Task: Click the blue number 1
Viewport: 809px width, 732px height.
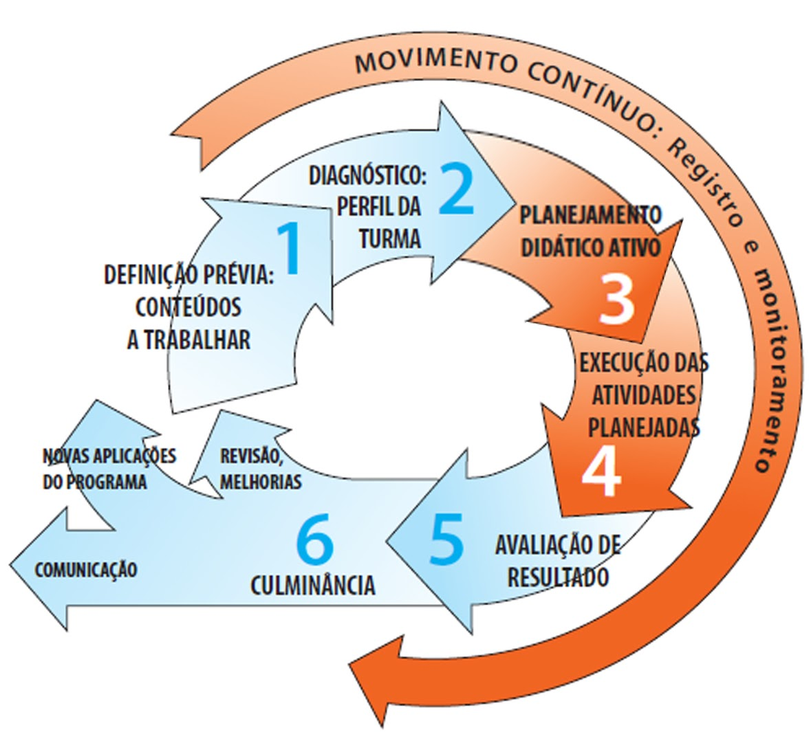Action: pyautogui.click(x=290, y=249)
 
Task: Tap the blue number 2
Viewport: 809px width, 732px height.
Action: pyautogui.click(x=457, y=188)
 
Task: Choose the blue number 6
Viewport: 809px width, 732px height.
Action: pyautogui.click(x=315, y=541)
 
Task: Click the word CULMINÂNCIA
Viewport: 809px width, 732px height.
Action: pyautogui.click(x=313, y=586)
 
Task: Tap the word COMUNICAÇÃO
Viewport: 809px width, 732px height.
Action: pyautogui.click(x=86, y=570)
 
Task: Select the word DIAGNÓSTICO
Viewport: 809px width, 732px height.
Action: pyautogui.click(x=367, y=176)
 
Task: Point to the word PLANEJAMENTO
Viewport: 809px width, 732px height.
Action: pyautogui.click(x=590, y=215)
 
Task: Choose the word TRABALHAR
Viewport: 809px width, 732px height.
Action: pyautogui.click(x=188, y=340)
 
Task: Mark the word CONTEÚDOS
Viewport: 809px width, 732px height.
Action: pyautogui.click(x=188, y=307)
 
